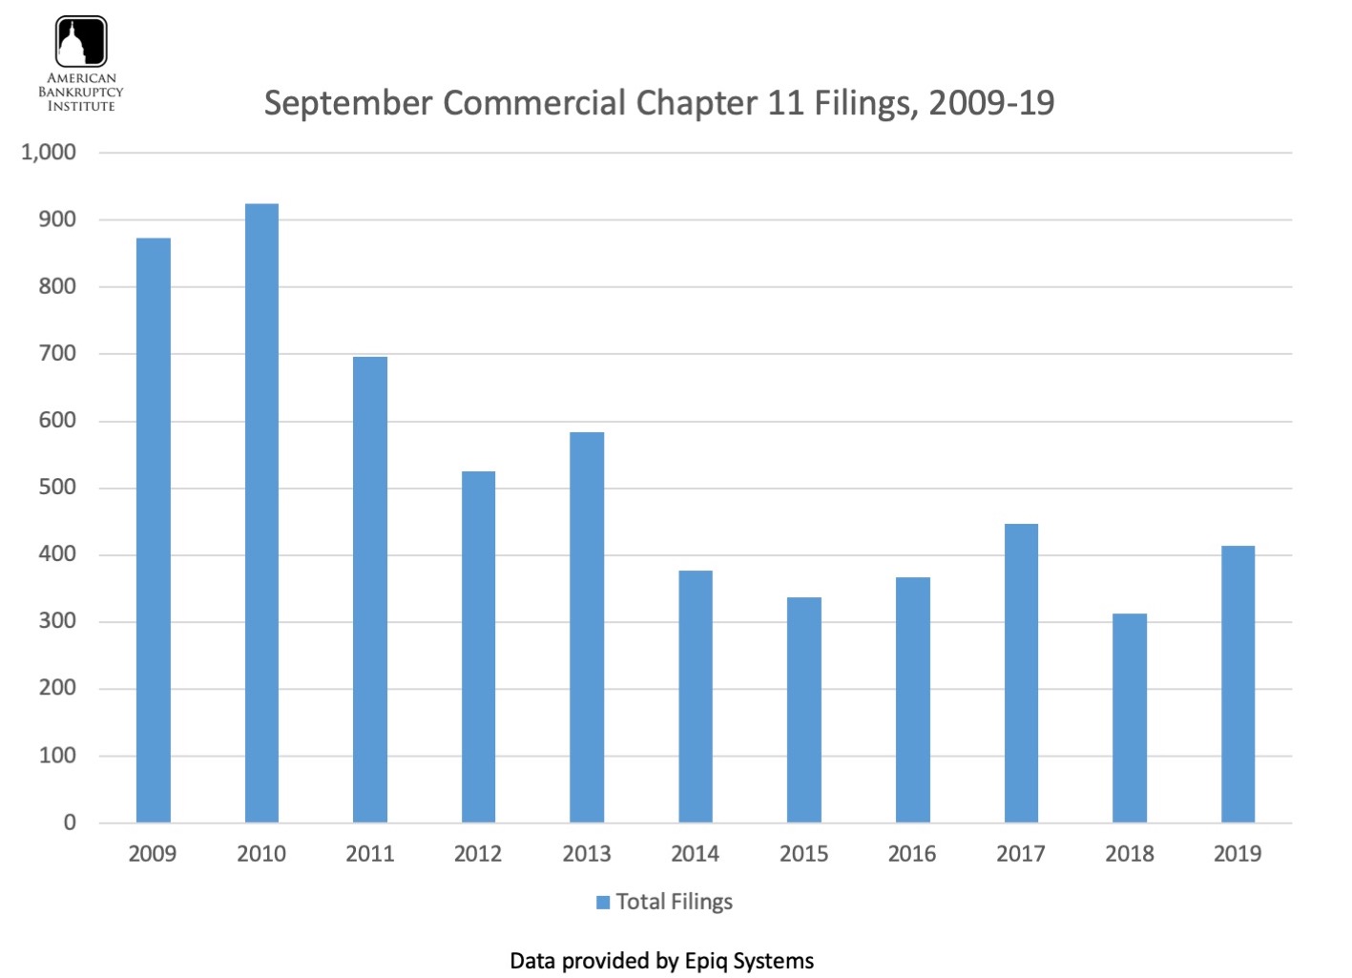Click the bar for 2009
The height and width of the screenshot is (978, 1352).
153,531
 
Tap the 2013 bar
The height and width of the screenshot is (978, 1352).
587,628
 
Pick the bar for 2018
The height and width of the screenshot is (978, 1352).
1130,718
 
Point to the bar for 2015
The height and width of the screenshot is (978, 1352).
803,710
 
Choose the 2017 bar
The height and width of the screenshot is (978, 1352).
1021,673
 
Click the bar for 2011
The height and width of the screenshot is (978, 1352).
370,590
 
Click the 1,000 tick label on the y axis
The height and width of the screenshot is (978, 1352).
49,153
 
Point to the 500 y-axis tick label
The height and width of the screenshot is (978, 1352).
57,488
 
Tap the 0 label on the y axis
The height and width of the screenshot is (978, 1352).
70,822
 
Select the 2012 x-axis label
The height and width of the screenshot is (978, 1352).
478,854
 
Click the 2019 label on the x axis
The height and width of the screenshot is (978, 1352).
1238,854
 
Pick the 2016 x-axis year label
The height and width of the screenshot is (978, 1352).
912,854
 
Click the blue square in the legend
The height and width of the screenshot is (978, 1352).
603,903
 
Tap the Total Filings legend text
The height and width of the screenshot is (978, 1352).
674,903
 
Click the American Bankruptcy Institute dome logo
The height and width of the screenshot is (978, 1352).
81,42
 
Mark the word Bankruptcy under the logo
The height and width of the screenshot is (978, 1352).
81,93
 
